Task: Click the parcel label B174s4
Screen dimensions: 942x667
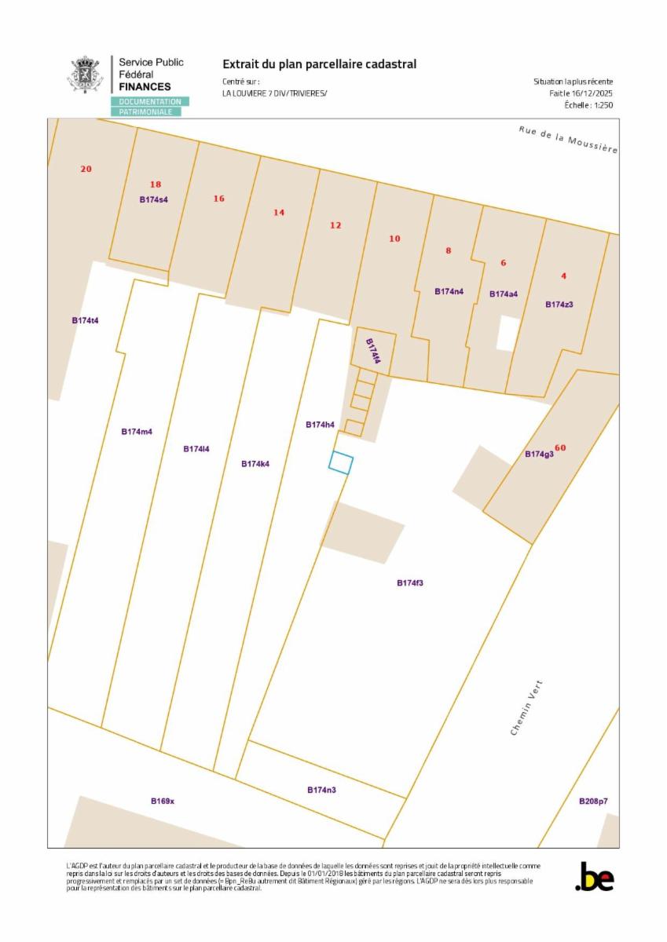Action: tap(153, 199)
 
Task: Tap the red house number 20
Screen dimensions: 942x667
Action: tap(86, 169)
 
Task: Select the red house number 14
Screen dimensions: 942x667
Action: tap(279, 213)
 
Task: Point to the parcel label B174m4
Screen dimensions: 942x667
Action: tap(137, 432)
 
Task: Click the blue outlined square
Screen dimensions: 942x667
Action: tap(341, 463)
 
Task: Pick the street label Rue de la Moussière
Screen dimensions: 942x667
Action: tap(567, 139)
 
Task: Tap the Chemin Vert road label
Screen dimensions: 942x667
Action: tap(526, 707)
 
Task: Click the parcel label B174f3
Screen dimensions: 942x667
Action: tap(410, 583)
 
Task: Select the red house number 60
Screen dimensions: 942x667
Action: tap(560, 448)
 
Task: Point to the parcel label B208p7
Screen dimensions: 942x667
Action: tap(593, 801)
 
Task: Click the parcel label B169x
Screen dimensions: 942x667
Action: tap(163, 801)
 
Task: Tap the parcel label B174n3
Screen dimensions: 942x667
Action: tap(321, 790)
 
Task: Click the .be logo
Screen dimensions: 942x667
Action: tap(594, 877)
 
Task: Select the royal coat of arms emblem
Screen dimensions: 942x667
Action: tap(85, 75)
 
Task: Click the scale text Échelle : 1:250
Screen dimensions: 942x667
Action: tap(588, 105)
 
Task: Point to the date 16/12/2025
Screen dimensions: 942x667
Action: tap(592, 93)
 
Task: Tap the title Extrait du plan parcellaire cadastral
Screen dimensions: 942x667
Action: tap(319, 64)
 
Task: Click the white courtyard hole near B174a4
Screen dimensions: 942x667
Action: tap(508, 333)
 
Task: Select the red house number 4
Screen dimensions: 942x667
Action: tap(563, 276)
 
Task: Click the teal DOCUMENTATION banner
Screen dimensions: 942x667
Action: tap(149, 102)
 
